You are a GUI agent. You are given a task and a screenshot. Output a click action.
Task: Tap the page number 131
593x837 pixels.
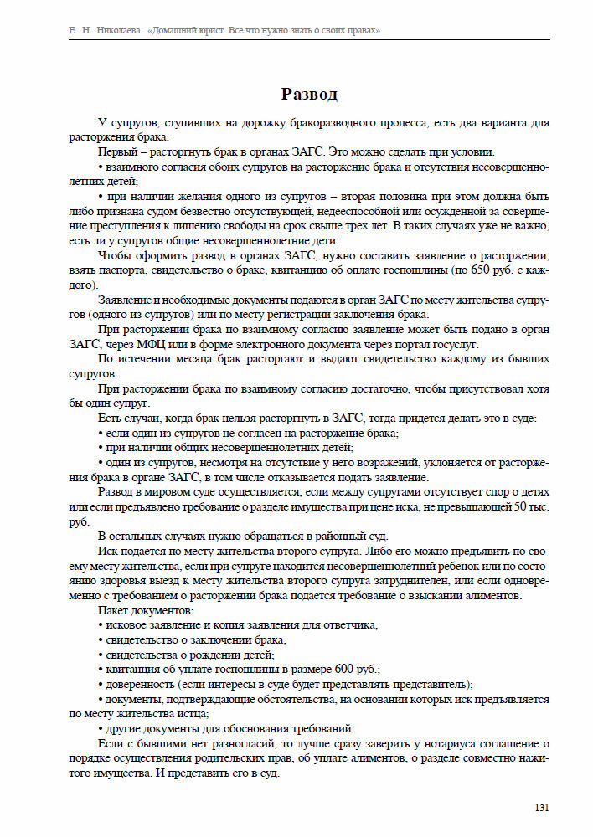(541, 808)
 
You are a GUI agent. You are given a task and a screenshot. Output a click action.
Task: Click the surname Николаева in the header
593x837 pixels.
(114, 30)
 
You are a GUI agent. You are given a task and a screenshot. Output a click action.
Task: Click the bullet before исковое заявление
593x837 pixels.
(101, 625)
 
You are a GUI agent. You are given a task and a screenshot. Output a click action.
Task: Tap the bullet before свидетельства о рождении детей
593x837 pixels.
(101, 655)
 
